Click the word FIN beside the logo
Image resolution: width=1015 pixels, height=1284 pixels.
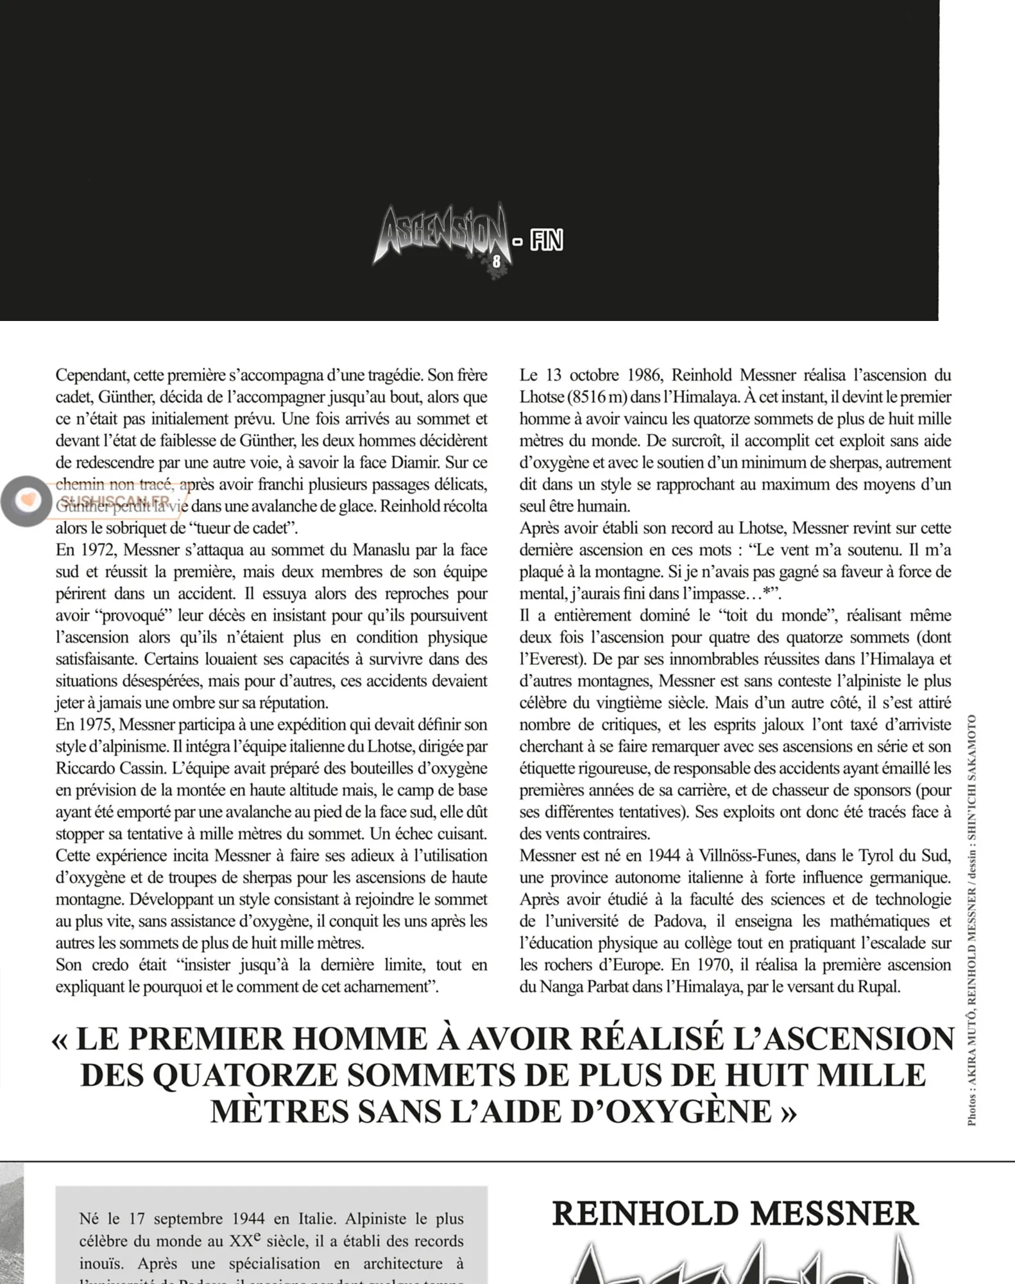click(x=547, y=241)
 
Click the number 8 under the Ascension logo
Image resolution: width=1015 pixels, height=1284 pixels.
click(x=496, y=261)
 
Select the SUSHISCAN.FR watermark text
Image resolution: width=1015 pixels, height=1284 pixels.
click(x=115, y=501)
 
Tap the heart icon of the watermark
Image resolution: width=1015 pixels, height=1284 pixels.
click(x=26, y=500)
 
